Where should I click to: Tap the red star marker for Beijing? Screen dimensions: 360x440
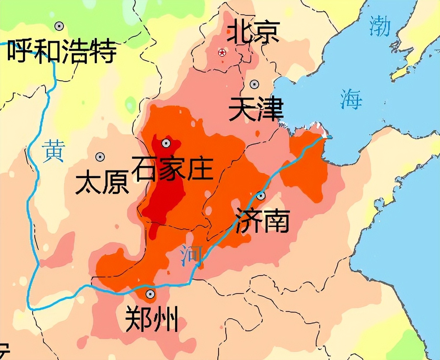click(222, 53)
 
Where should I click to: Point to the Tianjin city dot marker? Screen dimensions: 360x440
click(254, 84)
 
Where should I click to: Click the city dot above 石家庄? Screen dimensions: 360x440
click(165, 143)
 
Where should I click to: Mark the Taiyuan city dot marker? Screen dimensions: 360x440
click(100, 157)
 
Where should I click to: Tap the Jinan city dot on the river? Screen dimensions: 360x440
click(261, 196)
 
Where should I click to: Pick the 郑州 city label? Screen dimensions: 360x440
click(152, 319)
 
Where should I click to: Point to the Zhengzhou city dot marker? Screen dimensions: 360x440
click(150, 294)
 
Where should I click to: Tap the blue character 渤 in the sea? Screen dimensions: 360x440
click(380, 27)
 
